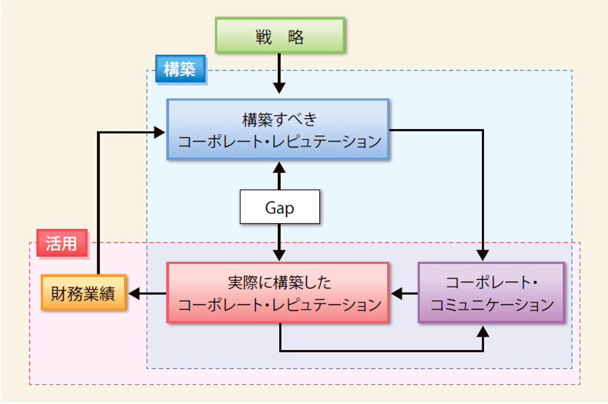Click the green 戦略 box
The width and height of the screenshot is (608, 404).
[x=279, y=36]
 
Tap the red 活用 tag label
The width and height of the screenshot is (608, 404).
[x=61, y=244]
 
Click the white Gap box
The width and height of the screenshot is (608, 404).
[x=280, y=208]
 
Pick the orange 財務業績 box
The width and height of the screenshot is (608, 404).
[x=82, y=294]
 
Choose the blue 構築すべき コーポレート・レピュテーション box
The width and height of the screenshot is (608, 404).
[x=279, y=129]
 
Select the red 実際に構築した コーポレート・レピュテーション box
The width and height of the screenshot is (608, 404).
[x=279, y=292]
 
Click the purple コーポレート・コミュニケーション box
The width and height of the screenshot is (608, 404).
[x=481, y=292]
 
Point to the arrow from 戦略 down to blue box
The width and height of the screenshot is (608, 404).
[x=279, y=74]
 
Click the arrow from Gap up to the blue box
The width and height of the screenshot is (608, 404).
[x=279, y=176]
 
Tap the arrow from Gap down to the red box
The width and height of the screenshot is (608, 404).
[x=279, y=241]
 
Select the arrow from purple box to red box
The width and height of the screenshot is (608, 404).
[x=404, y=294]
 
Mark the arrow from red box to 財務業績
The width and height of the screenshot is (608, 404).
[x=147, y=294]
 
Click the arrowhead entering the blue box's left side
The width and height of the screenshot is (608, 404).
[x=161, y=131]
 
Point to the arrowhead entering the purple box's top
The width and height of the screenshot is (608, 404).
[x=482, y=255]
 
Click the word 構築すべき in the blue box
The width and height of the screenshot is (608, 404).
[x=279, y=119]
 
